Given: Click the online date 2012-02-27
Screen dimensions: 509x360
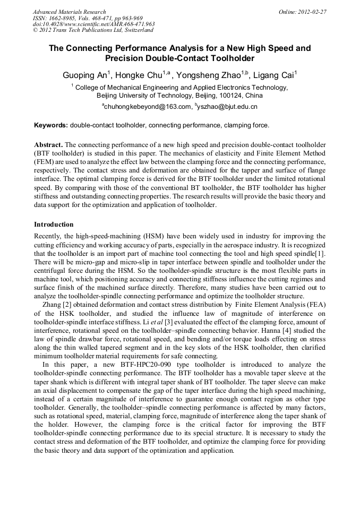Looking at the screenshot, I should point(311,12).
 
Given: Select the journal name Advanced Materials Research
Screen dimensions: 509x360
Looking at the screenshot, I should point(69,12).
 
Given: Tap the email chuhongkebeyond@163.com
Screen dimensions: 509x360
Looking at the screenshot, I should point(147,107).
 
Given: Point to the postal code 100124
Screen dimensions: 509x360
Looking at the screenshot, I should point(213,96).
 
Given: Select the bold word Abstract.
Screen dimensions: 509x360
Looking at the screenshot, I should point(48,145).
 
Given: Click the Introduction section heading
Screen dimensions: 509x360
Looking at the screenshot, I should point(54,225).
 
